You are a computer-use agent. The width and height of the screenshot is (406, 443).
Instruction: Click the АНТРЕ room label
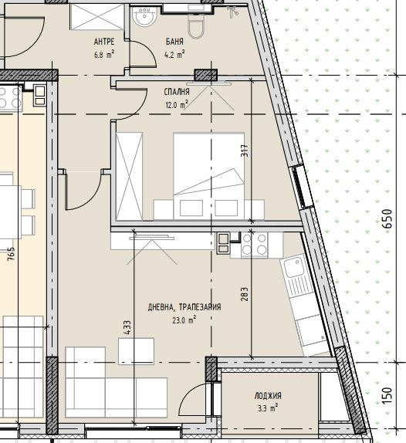(104, 42)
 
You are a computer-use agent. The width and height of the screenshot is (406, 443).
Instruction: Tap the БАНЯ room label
(174, 42)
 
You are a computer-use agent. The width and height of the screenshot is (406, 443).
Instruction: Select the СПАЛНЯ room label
(177, 92)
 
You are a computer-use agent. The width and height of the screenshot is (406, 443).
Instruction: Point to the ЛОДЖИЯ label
(268, 396)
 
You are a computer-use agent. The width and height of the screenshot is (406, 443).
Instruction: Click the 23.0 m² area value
(184, 320)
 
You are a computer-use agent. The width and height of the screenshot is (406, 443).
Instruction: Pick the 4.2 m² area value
(174, 54)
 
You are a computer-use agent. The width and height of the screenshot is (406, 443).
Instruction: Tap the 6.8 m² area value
(104, 54)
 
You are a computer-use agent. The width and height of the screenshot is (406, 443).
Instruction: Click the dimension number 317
(245, 150)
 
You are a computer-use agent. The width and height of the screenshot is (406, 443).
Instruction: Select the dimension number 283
(245, 294)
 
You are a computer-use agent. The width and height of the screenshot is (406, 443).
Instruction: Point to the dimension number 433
(127, 327)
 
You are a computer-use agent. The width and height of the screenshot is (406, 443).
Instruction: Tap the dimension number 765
(11, 254)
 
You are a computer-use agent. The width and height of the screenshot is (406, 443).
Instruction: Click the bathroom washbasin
(144, 16)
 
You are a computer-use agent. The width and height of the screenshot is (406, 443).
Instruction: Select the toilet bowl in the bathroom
(196, 25)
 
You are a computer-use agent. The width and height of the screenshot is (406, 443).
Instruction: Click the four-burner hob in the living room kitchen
(254, 245)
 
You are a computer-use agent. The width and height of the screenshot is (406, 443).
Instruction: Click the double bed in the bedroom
(209, 176)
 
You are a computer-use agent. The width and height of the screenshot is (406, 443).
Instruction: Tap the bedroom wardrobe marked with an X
(129, 176)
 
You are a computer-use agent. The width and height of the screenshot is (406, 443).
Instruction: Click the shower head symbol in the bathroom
(232, 12)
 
